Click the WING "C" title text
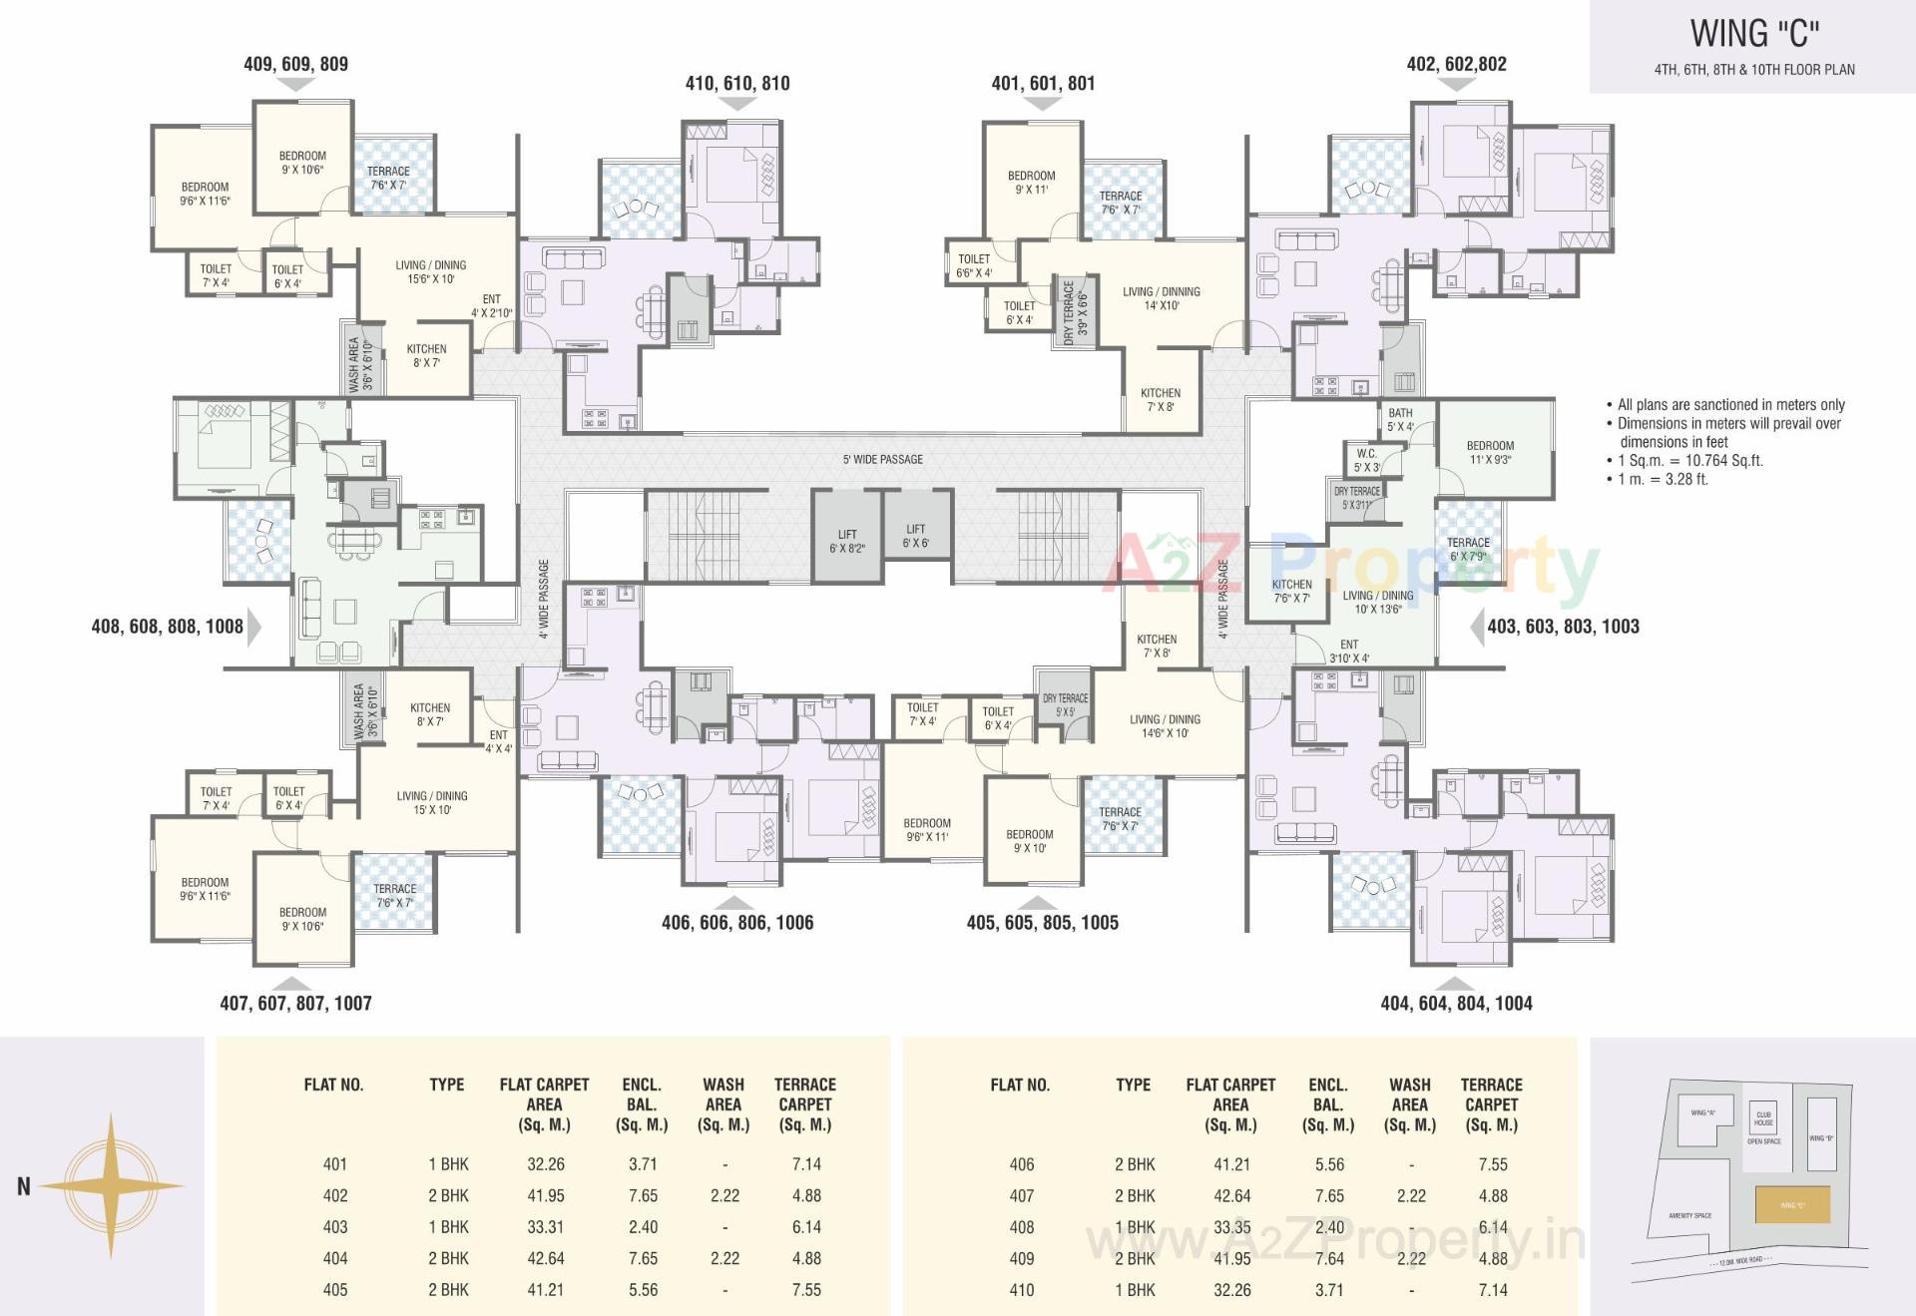pyautogui.click(x=1753, y=34)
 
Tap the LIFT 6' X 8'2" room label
pyautogui.click(x=846, y=541)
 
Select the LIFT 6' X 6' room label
pyautogui.click(x=915, y=536)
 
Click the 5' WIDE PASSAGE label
pyautogui.click(x=882, y=459)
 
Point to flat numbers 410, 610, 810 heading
pyautogui.click(x=736, y=84)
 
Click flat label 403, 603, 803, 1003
pyautogui.click(x=1563, y=627)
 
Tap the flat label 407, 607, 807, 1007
pyautogui.click(x=295, y=1003)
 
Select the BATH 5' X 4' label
pyautogui.click(x=1400, y=419)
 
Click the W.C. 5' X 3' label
pyautogui.click(x=1366, y=460)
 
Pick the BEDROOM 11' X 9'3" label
pyautogui.click(x=1490, y=452)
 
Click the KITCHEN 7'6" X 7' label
pyautogui.click(x=1291, y=591)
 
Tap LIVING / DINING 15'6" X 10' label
pyautogui.click(x=430, y=271)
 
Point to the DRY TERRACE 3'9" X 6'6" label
pyautogui.click(x=1075, y=312)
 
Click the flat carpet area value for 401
pyautogui.click(x=545, y=1163)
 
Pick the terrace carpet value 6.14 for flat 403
pyautogui.click(x=805, y=1226)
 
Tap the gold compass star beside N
pyautogui.click(x=111, y=1186)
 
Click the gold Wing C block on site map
pyautogui.click(x=1792, y=1204)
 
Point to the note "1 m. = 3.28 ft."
pyautogui.click(x=1657, y=479)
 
